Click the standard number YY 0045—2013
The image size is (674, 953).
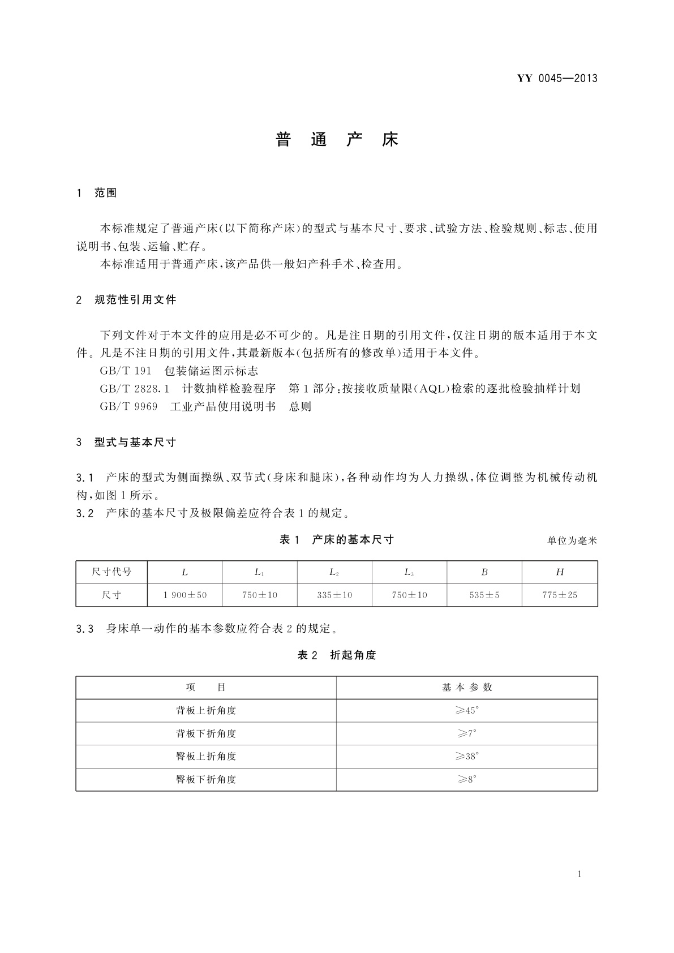tap(557, 79)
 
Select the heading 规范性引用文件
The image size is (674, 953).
tap(135, 300)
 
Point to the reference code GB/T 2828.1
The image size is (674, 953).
tap(135, 389)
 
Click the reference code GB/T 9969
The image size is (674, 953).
tap(128, 407)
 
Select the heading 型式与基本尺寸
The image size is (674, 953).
tap(135, 443)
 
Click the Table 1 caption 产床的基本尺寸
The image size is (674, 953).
tap(353, 540)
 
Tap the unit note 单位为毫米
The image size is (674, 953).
tap(572, 541)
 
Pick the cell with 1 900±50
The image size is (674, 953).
tap(185, 595)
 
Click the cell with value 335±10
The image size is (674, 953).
tap(334, 595)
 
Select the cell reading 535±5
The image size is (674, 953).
tap(484, 595)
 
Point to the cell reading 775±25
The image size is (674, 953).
tap(560, 595)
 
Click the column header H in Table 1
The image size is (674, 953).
tap(560, 572)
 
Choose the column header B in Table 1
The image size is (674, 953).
tap(484, 572)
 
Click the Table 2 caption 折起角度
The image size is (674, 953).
tap(353, 655)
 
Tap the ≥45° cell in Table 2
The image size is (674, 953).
tap(467, 711)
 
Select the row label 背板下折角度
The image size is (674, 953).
tap(206, 734)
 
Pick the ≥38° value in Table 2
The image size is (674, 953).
tap(467, 757)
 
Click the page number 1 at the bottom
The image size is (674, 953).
tap(579, 874)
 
